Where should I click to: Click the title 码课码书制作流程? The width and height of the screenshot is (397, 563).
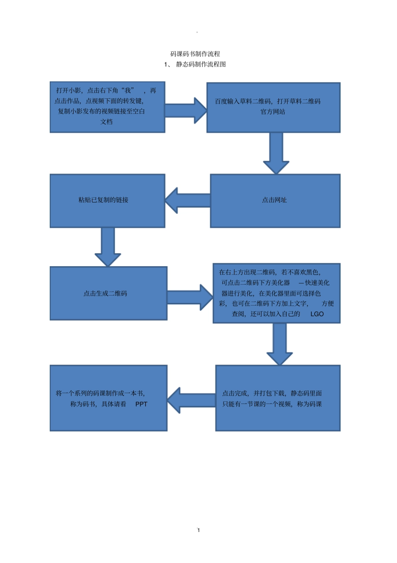195,54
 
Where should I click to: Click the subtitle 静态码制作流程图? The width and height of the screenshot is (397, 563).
201,64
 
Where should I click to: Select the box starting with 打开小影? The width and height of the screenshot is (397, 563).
107,107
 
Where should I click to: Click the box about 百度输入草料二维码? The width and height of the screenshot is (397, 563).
273,107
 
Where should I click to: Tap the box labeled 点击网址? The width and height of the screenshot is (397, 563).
275,201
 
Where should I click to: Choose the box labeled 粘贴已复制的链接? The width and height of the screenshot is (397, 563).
107,201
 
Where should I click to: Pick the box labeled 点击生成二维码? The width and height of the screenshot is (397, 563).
108,293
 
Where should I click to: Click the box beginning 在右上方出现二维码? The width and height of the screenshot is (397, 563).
277,293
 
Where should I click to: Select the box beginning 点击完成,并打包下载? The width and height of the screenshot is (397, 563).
278,398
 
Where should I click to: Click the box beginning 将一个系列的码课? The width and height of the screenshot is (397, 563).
108,398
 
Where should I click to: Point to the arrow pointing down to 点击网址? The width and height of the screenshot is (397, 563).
276,152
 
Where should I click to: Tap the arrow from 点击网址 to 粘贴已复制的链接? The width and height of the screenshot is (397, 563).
188,201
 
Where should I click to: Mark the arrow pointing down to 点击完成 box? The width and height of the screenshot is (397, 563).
280,343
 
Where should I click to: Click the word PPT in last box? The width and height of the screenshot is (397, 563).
141,404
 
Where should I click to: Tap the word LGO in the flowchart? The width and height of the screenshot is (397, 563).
317,314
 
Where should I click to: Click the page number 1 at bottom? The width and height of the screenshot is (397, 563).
198,530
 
